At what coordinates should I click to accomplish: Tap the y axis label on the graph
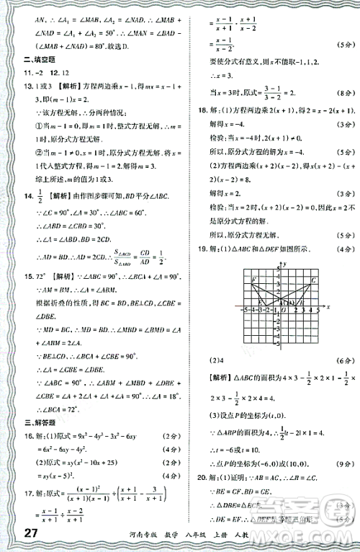tap(286, 264)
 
